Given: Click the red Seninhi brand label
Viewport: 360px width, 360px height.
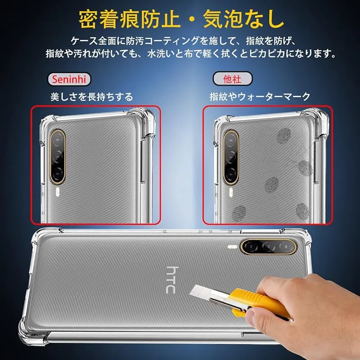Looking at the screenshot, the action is pyautogui.click(x=69, y=80).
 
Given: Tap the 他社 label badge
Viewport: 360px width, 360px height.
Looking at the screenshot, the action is pyautogui.click(x=232, y=79).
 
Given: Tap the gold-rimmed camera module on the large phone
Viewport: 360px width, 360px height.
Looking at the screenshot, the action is pyautogui.click(x=269, y=247).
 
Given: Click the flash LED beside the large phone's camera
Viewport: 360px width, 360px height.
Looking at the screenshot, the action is pyautogui.click(x=233, y=247).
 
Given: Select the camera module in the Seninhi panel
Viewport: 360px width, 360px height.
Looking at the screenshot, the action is pyautogui.click(x=58, y=157).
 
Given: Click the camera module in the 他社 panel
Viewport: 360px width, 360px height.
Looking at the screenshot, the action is pyautogui.click(x=231, y=157).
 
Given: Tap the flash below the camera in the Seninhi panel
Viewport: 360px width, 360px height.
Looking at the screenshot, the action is pyautogui.click(x=58, y=192).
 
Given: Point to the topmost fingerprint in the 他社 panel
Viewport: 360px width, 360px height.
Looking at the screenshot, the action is pyautogui.click(x=284, y=135).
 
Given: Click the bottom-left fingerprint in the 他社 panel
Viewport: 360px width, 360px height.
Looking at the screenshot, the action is pyautogui.click(x=239, y=213).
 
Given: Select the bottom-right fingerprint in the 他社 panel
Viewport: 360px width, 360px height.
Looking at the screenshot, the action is pyautogui.click(x=302, y=211).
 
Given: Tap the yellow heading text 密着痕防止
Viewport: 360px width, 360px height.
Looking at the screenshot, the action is pyautogui.click(x=129, y=19).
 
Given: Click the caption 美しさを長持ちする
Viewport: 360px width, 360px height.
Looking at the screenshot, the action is pyautogui.click(x=92, y=97).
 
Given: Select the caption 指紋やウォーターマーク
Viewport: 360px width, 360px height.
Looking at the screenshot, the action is pyautogui.click(x=260, y=96).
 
